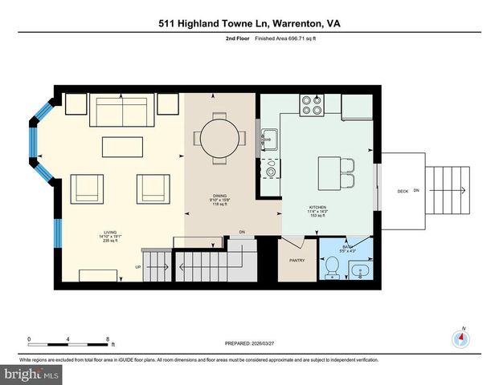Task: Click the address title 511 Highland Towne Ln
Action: click(x=249, y=24)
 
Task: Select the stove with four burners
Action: click(x=312, y=105)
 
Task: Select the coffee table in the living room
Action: click(x=122, y=147)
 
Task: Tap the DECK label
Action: click(x=403, y=191)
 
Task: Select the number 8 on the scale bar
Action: click(x=108, y=338)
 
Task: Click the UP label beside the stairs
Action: click(x=138, y=267)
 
